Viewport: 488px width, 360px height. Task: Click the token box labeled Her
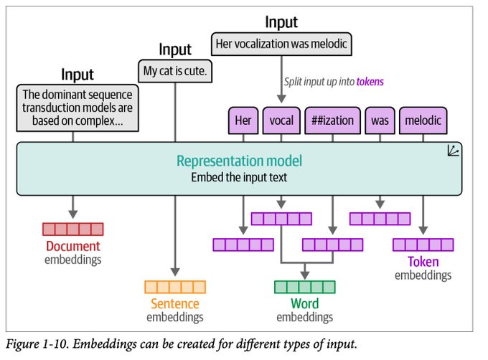coord(243,120)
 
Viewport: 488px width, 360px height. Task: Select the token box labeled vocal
coord(281,120)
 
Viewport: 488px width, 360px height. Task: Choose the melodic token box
coord(423,120)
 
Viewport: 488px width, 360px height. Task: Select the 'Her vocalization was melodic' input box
coord(281,44)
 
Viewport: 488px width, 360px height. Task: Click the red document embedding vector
coord(72,229)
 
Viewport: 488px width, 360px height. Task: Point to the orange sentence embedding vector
coord(175,288)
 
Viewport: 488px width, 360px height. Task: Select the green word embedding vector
coord(305,288)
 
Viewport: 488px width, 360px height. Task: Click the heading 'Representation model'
coord(239,161)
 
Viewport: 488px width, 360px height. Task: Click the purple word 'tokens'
coord(370,82)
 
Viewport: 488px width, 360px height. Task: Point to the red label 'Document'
coord(72,246)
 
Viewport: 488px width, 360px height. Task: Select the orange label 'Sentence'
coord(175,304)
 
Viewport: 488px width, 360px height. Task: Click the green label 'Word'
coord(305,304)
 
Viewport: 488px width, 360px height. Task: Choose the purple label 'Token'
coord(423,262)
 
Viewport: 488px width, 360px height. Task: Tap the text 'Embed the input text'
coord(239,177)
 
